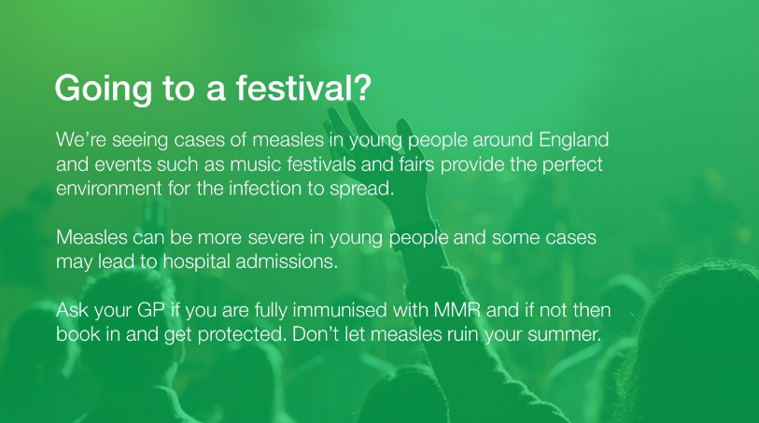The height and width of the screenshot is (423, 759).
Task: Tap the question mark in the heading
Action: pos(361,86)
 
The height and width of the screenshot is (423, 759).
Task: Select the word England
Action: pos(573,140)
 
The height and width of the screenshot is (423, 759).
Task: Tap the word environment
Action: pos(109,189)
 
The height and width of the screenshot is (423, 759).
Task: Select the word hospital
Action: pos(196,261)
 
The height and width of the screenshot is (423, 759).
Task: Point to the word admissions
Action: pos(286,261)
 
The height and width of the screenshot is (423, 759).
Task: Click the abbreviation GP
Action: pos(151,310)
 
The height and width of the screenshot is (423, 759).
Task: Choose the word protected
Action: pos(241,335)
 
